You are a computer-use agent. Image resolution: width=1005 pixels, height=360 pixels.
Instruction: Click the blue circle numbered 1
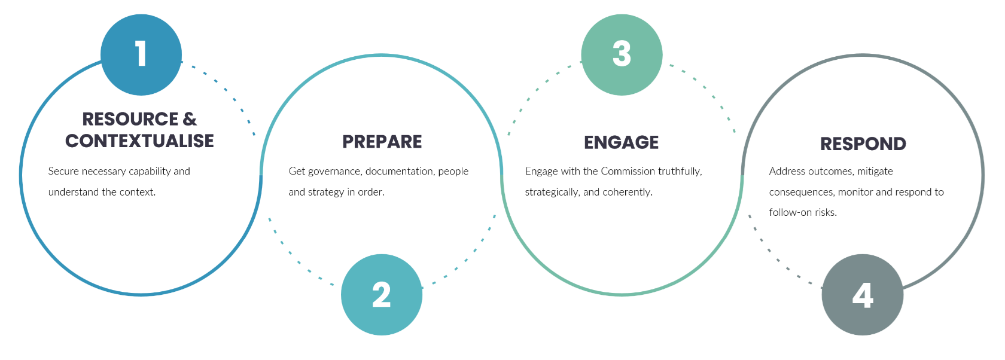pos(141,54)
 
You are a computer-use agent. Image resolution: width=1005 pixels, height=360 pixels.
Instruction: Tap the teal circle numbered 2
pos(382,295)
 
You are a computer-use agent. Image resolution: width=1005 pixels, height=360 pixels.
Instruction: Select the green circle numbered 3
pos(622,54)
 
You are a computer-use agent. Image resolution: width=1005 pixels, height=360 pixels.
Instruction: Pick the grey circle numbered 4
pos(863,295)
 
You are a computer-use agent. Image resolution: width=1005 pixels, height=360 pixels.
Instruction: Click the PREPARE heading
pos(382,142)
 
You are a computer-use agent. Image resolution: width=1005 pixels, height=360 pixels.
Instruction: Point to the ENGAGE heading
pos(622,142)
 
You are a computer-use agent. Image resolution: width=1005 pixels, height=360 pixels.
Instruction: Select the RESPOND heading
pos(863,144)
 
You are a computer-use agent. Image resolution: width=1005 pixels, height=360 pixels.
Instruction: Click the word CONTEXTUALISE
pos(139,141)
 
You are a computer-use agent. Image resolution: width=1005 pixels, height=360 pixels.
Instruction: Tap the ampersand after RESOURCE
pos(190,119)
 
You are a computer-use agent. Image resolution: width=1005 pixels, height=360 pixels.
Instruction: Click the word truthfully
pos(680,172)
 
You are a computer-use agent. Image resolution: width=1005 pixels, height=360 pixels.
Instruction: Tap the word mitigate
pos(875,172)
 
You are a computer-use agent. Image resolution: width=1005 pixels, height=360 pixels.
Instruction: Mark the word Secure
pos(63,172)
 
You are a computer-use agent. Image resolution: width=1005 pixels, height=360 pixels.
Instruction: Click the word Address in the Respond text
pos(787,172)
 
